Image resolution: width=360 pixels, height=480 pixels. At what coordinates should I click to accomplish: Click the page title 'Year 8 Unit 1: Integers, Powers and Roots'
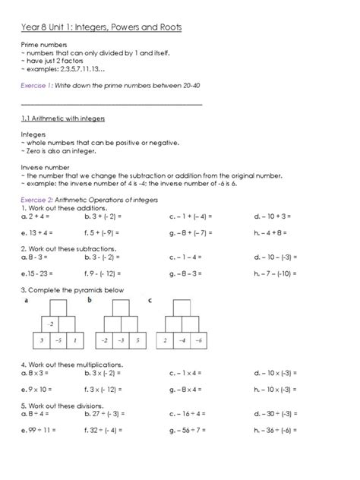101,27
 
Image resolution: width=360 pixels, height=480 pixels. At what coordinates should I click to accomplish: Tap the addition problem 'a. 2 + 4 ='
38,215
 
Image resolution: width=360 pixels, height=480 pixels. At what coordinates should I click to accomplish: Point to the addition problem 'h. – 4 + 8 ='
276,232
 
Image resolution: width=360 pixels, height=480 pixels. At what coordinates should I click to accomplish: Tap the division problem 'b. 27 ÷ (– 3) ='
109,415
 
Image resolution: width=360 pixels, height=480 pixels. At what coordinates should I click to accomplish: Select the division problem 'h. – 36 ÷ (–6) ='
279,431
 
